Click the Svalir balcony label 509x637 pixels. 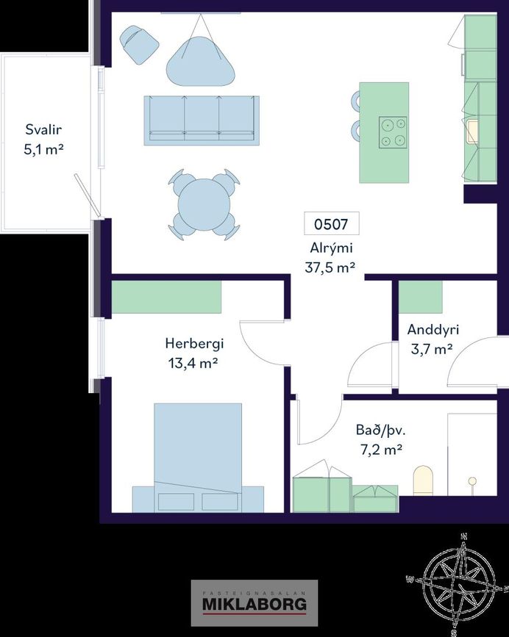(43, 129)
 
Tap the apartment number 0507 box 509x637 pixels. (331, 223)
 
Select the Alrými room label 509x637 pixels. (331, 248)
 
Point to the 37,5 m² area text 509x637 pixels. (330, 267)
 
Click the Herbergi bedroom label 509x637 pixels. (194, 344)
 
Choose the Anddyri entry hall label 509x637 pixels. (433, 329)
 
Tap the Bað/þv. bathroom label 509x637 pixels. (380, 430)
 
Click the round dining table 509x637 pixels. (204, 204)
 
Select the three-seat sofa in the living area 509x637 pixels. (202, 120)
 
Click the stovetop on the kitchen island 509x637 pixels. (393, 132)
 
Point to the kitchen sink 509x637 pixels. (473, 132)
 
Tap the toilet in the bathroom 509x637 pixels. (423, 481)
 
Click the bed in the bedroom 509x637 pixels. (198, 458)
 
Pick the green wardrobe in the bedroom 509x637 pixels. (166, 297)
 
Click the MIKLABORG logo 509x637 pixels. (254, 604)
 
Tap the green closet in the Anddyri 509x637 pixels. (421, 297)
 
